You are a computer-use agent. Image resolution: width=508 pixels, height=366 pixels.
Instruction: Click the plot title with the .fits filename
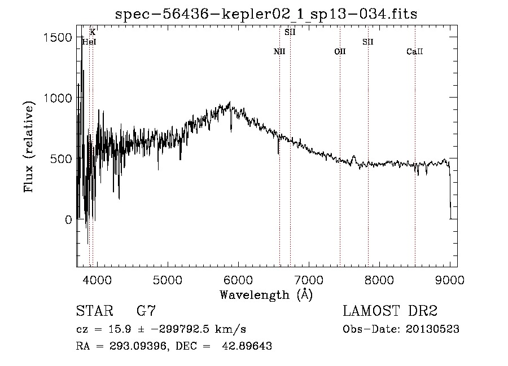(266, 14)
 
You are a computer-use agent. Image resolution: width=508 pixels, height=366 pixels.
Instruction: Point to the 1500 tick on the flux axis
(58, 37)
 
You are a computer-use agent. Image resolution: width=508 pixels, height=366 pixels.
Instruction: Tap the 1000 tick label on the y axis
(58, 98)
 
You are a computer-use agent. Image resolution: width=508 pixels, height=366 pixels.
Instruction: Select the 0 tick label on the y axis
(68, 220)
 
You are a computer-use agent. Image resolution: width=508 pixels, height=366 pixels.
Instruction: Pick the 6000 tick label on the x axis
(238, 280)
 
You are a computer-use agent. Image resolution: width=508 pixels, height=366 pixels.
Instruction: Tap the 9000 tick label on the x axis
(450, 280)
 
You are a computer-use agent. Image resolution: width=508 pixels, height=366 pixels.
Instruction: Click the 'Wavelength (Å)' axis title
(266, 294)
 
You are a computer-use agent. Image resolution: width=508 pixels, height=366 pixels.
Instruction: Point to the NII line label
(279, 52)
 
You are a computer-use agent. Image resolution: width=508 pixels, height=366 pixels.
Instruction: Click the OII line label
(340, 52)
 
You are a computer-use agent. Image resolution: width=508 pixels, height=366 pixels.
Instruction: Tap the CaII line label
(415, 52)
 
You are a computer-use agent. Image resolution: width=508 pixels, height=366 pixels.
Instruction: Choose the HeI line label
(89, 42)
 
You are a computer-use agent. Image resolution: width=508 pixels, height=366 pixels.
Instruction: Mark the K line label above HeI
(93, 33)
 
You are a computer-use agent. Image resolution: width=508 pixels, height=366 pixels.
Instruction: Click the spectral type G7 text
(146, 311)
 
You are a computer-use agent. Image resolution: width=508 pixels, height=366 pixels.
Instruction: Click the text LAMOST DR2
(390, 311)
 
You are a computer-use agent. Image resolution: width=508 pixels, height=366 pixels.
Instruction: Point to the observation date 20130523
(432, 329)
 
